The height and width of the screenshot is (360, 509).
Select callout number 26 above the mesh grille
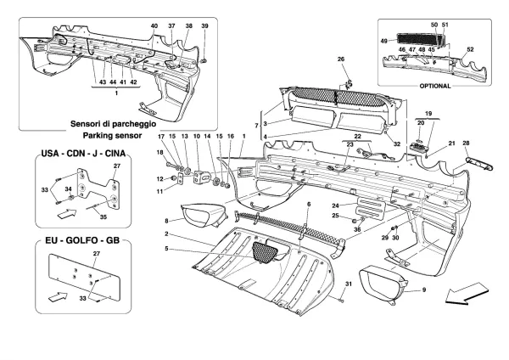[342, 59]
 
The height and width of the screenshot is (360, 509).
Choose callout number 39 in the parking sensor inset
[204, 27]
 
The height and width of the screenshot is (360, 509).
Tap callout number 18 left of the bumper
[159, 152]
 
